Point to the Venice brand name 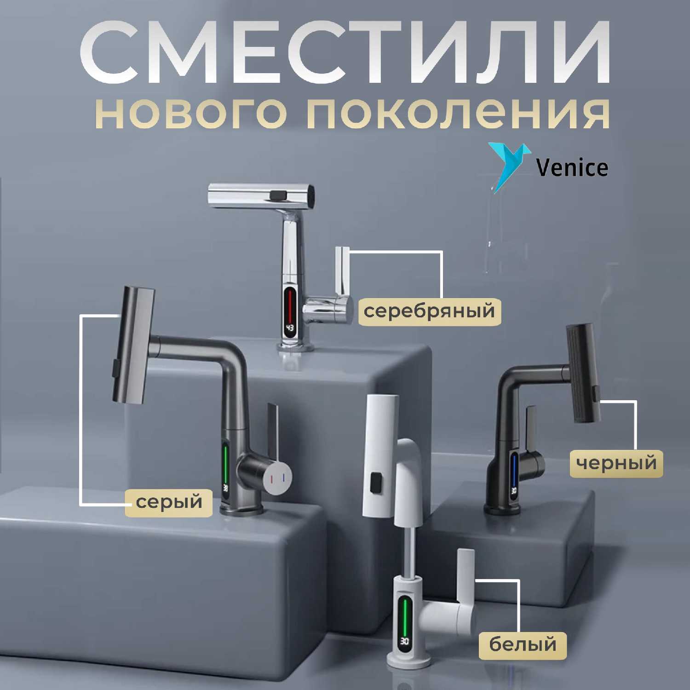(573, 168)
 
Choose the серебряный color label (429, 311)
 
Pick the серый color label (169, 501)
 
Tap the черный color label (616, 462)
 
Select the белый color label (523, 644)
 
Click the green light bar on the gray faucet (225, 462)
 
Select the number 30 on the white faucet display (404, 641)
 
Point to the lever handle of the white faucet (466, 575)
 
